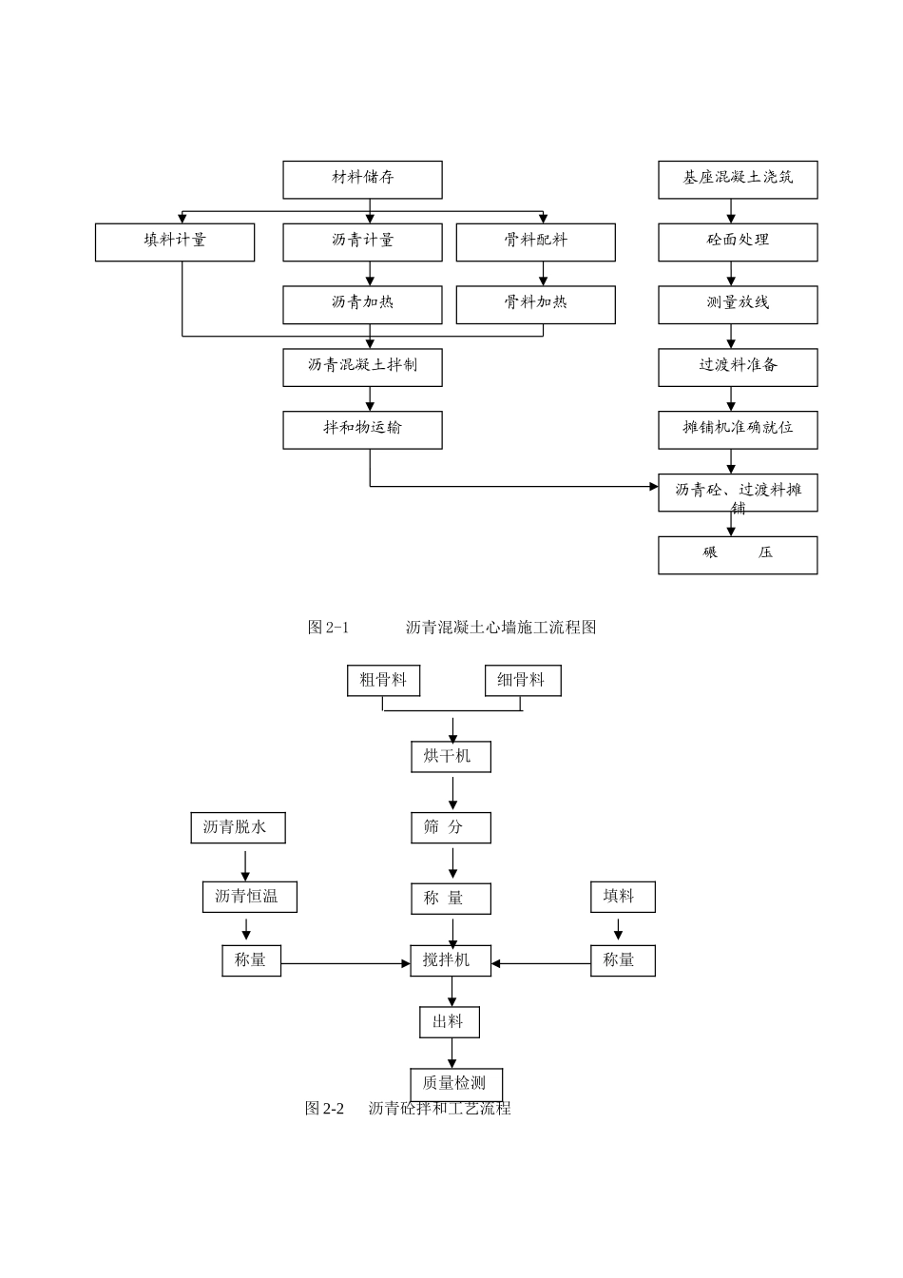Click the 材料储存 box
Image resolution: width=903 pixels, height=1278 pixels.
click(x=362, y=179)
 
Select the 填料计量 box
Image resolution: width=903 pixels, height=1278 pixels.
click(x=175, y=242)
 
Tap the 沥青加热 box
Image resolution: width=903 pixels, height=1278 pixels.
click(x=362, y=304)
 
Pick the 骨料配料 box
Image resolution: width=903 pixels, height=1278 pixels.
click(x=535, y=242)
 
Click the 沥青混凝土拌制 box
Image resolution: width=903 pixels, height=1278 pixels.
click(x=362, y=367)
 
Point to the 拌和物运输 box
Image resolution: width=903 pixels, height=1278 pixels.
click(x=362, y=430)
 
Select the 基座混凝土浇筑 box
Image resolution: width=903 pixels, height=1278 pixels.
click(x=738, y=179)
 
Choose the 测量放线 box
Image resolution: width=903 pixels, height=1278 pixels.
click(x=738, y=304)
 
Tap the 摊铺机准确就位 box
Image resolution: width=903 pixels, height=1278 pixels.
click(x=738, y=430)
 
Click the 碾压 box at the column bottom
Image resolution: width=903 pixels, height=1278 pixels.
click(x=738, y=554)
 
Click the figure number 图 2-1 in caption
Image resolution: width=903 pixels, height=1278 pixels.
click(x=329, y=628)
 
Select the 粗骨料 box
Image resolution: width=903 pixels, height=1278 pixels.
click(x=383, y=681)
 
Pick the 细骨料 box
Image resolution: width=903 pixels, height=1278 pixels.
click(x=523, y=681)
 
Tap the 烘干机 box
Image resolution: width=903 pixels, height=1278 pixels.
click(x=451, y=757)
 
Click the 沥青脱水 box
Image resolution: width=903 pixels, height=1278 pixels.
click(x=238, y=827)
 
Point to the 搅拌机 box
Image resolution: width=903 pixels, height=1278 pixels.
click(x=451, y=960)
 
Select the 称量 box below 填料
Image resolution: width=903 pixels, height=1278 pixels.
click(x=623, y=960)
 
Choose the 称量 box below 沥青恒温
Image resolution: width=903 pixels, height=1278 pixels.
click(x=251, y=960)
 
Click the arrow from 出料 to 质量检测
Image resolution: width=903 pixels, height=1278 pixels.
click(x=451, y=1054)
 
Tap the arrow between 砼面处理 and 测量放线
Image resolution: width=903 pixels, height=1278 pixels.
click(x=731, y=274)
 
